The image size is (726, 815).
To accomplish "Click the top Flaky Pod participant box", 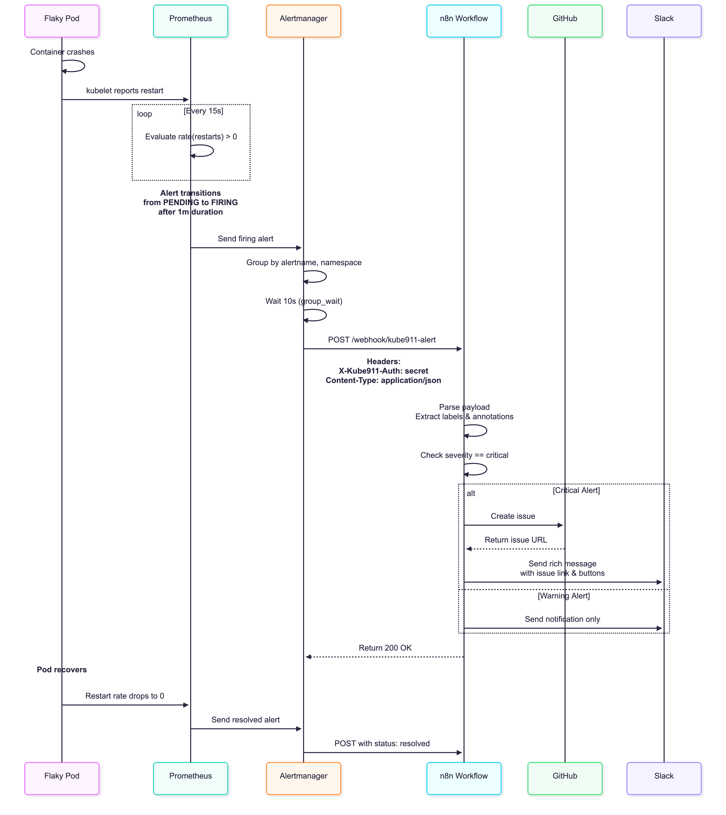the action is (x=62, y=21).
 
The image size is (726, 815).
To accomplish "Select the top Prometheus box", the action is (x=191, y=21).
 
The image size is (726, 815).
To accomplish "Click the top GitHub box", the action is (x=565, y=21).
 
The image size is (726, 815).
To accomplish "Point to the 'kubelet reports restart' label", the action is (x=125, y=91).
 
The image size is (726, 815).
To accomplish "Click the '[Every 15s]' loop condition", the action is (x=203, y=111).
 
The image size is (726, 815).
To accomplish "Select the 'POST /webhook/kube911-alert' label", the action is (x=382, y=340).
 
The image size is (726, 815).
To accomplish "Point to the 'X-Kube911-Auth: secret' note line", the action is (x=383, y=371).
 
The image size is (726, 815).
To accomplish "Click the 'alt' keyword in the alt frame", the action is (x=471, y=493).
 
